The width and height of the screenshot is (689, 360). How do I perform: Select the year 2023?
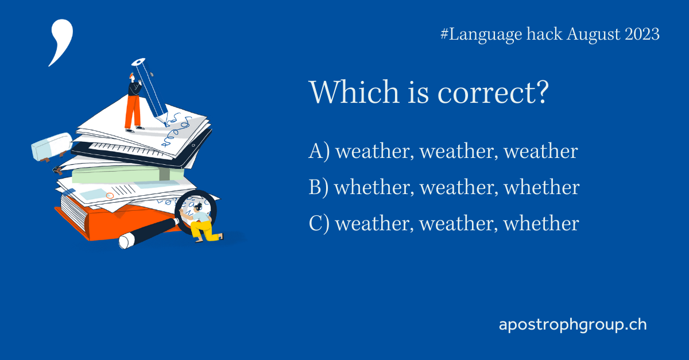click(x=640, y=34)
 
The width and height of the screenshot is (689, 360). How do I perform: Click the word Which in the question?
click(x=346, y=92)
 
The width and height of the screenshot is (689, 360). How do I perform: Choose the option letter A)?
click(x=319, y=152)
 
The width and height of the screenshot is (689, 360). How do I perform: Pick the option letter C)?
click(x=319, y=223)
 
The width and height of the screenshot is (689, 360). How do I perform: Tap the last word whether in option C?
click(x=541, y=223)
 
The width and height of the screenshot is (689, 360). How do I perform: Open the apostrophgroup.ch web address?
click(x=572, y=325)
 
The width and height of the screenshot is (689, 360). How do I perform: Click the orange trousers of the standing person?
click(x=133, y=112)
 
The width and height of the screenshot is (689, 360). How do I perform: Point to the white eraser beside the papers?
click(x=51, y=147)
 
